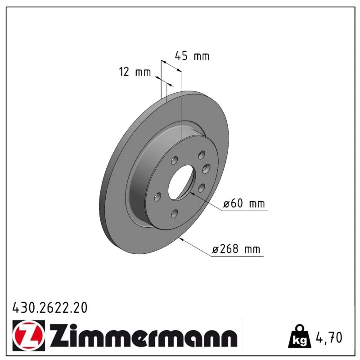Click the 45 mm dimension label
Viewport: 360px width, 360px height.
[x=192, y=56]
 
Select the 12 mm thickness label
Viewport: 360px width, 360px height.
[x=135, y=72]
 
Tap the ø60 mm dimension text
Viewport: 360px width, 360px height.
[x=244, y=203]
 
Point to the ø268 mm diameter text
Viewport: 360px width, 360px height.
[x=236, y=249]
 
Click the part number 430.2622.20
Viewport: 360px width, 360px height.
[x=50, y=307]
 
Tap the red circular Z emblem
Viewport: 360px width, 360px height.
[x=29, y=335]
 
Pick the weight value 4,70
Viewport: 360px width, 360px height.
[x=329, y=337]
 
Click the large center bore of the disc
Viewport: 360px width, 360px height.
[x=181, y=183]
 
